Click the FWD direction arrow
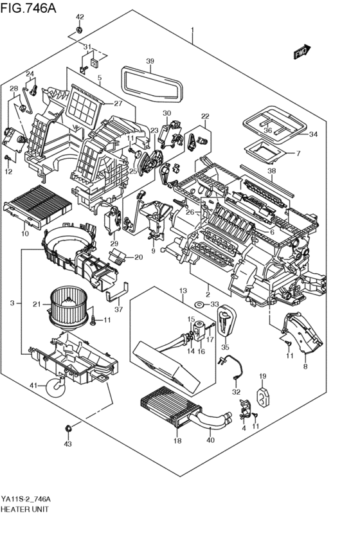click(301, 52)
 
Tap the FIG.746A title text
click(28, 8)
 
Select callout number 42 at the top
click(80, 17)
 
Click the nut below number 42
click(80, 30)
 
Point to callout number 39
click(150, 62)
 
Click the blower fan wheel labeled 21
click(68, 308)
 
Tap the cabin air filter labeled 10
click(37, 205)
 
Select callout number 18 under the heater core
click(177, 441)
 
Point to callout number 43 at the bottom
click(67, 444)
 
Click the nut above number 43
click(68, 427)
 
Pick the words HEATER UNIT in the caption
click(25, 509)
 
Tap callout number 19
click(263, 376)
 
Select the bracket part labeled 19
click(263, 397)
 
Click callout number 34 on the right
click(313, 134)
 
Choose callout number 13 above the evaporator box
click(183, 291)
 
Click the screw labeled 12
click(9, 159)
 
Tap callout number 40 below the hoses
click(210, 440)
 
